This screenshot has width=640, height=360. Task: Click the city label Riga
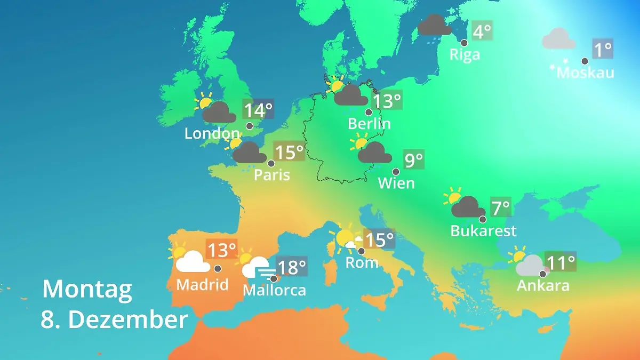point(465,54)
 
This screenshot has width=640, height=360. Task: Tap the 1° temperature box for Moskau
point(603,50)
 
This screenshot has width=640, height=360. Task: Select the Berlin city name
point(369,124)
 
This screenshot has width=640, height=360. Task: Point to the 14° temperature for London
point(258,110)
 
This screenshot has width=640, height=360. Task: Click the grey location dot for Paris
point(271,164)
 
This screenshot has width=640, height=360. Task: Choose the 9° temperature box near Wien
point(414,159)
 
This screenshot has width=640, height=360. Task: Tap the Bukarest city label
point(483,231)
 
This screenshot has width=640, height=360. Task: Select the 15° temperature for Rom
point(379,239)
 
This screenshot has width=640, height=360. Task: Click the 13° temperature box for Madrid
point(221,249)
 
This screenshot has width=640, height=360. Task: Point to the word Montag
point(87,290)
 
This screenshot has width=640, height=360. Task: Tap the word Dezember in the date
point(128,320)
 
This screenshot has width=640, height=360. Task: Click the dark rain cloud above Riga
point(434,25)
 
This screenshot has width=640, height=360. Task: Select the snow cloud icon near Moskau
point(558,42)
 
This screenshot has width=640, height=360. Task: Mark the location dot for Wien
point(396,172)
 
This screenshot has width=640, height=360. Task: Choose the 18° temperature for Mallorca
point(292,266)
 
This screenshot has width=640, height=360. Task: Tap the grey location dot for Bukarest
point(483,219)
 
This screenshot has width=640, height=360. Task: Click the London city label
point(212,133)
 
